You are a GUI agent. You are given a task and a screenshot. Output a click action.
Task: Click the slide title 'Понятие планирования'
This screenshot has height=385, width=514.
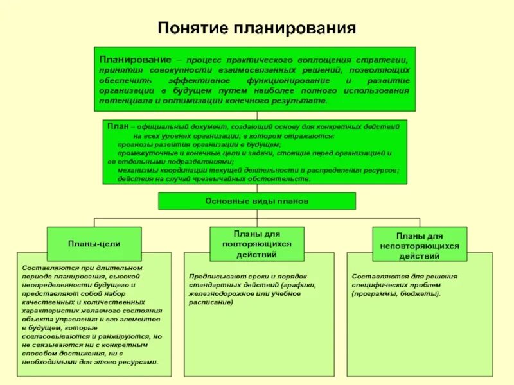tap(256, 28)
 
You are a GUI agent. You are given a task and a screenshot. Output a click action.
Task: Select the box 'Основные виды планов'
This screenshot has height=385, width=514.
tap(257, 201)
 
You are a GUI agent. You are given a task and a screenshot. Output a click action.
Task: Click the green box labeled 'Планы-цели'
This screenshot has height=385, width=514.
tap(94, 244)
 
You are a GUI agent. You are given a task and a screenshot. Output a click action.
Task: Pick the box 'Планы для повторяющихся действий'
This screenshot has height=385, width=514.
tap(257, 244)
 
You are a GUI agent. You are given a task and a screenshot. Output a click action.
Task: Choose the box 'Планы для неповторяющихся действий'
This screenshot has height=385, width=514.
tap(419, 246)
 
